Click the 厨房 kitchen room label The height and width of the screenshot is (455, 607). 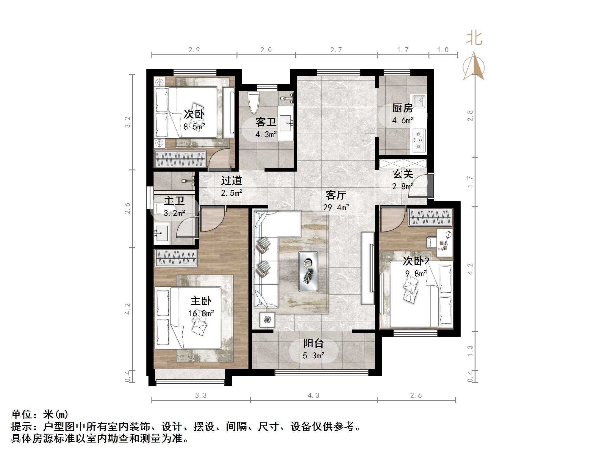pos(402,108)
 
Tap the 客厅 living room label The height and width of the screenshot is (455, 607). pos(335,195)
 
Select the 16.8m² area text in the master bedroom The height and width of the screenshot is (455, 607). pos(201,313)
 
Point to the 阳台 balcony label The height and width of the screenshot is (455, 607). pos(313,343)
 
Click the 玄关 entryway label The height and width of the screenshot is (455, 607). pos(403,174)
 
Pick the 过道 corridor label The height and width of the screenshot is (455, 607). pos(231,181)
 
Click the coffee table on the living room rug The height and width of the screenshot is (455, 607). pos(308,271)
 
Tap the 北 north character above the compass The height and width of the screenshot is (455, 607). pos(474,39)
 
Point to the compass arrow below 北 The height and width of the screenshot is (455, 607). pos(474,67)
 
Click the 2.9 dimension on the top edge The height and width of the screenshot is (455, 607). pos(194,50)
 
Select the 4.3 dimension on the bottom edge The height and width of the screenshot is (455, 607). pos(313,396)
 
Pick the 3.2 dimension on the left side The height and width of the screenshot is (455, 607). pos(127,122)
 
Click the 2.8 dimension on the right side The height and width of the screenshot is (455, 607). pos(470,116)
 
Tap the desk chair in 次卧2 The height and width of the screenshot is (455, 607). pos(431,242)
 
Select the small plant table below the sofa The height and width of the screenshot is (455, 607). pos(267,320)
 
